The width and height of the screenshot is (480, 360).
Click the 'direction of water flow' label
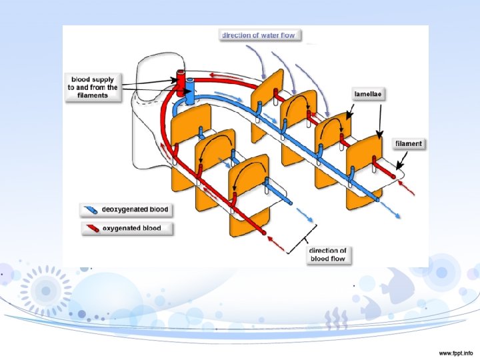[258, 35]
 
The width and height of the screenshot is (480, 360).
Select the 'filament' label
[408, 143]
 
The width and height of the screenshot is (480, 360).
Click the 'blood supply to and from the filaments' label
[92, 87]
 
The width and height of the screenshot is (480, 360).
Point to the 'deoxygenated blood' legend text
[135, 209]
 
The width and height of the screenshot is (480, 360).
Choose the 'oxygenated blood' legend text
[131, 228]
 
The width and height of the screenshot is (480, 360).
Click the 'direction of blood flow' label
[328, 255]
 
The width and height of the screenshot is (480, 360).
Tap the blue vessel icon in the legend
[89, 210]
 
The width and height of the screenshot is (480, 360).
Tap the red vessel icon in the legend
[89, 229]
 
